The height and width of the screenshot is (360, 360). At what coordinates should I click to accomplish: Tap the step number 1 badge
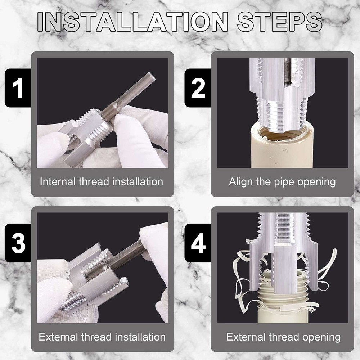tap(18, 89)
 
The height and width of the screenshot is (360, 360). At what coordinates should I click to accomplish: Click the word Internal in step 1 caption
tap(57, 181)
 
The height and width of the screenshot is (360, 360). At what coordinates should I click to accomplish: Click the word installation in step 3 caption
tap(139, 337)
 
